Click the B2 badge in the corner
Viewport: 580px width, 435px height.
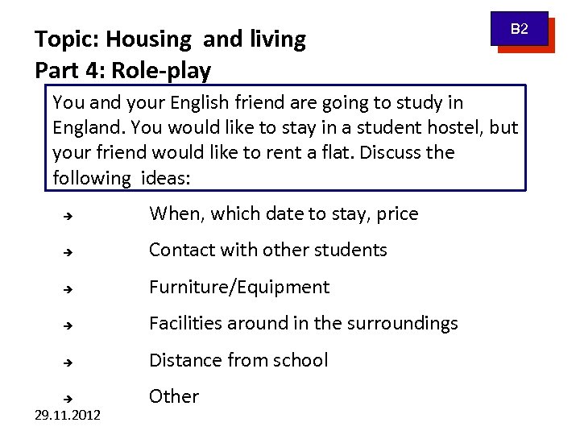(521, 30)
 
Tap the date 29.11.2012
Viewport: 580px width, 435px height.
(68, 416)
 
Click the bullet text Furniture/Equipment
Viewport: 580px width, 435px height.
(239, 288)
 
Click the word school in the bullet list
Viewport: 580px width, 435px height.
(300, 360)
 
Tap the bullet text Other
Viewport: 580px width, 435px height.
(173, 397)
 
